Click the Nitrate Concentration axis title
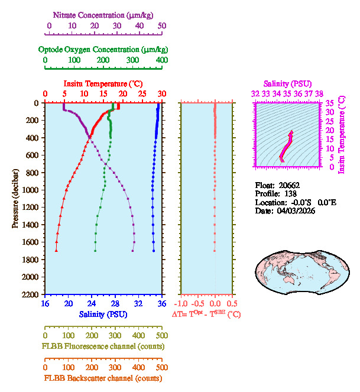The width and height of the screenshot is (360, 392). click(104, 14)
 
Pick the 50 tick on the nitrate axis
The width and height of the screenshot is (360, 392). click(161, 26)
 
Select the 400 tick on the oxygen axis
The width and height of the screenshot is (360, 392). click(161, 60)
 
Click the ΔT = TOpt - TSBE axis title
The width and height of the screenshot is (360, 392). click(206, 315)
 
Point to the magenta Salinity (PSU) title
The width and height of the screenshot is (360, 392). click(287, 84)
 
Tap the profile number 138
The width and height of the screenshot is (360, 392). click(289, 193)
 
